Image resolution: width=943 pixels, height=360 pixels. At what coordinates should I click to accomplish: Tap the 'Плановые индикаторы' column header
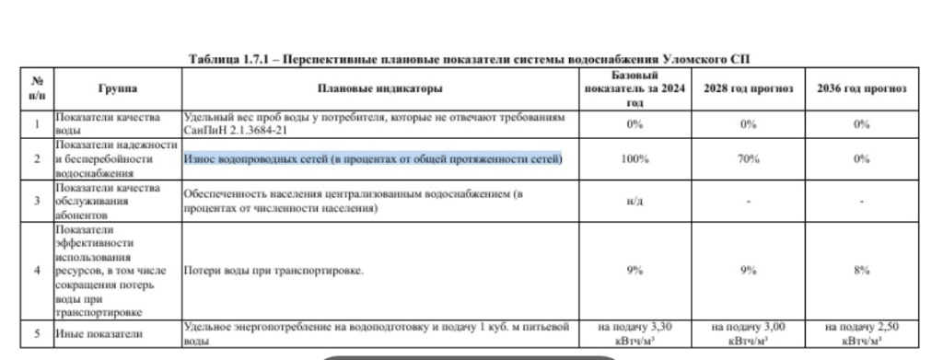(x=379, y=88)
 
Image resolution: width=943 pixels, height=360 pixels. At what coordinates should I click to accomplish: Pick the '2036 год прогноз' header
(x=862, y=88)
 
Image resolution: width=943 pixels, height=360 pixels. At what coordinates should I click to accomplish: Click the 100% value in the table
(x=633, y=159)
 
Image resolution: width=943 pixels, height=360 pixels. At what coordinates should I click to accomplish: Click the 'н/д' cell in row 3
(x=633, y=200)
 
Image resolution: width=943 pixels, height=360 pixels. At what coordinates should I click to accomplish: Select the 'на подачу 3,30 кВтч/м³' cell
(x=633, y=333)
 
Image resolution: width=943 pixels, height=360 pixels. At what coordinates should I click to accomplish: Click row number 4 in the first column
(x=38, y=271)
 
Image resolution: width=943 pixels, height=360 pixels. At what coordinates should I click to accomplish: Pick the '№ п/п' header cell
(x=38, y=88)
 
